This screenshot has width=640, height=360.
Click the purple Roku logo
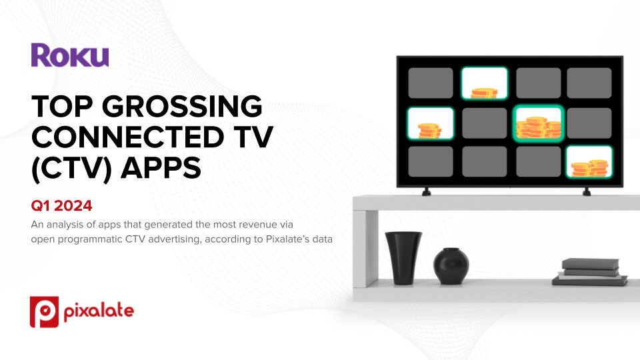coord(70,55)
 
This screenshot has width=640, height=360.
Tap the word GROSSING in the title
coord(182,106)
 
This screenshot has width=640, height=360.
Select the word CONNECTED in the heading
coord(127,137)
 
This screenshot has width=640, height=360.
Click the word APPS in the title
coord(161,167)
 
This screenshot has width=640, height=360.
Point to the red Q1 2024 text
coord(61,206)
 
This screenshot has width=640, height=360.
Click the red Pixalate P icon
coord(44,312)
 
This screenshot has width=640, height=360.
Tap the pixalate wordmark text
coord(99,311)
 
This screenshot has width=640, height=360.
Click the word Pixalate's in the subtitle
coord(285,239)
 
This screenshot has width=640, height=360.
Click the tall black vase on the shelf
coord(403,257)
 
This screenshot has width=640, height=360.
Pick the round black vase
coord(451,266)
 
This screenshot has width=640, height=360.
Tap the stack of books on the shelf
coord(590,272)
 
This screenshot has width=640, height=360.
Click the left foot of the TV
coord(426,192)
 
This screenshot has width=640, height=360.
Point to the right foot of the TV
coord(587,192)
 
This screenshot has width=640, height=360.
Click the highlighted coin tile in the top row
coord(485,83)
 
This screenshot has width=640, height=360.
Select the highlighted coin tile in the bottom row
coord(589,162)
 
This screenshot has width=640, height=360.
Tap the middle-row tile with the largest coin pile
coord(539,123)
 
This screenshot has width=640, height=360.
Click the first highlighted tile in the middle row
coord(431,123)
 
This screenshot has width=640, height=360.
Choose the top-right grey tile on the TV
coord(589,83)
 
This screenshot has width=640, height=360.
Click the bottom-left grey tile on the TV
coord(431,161)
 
